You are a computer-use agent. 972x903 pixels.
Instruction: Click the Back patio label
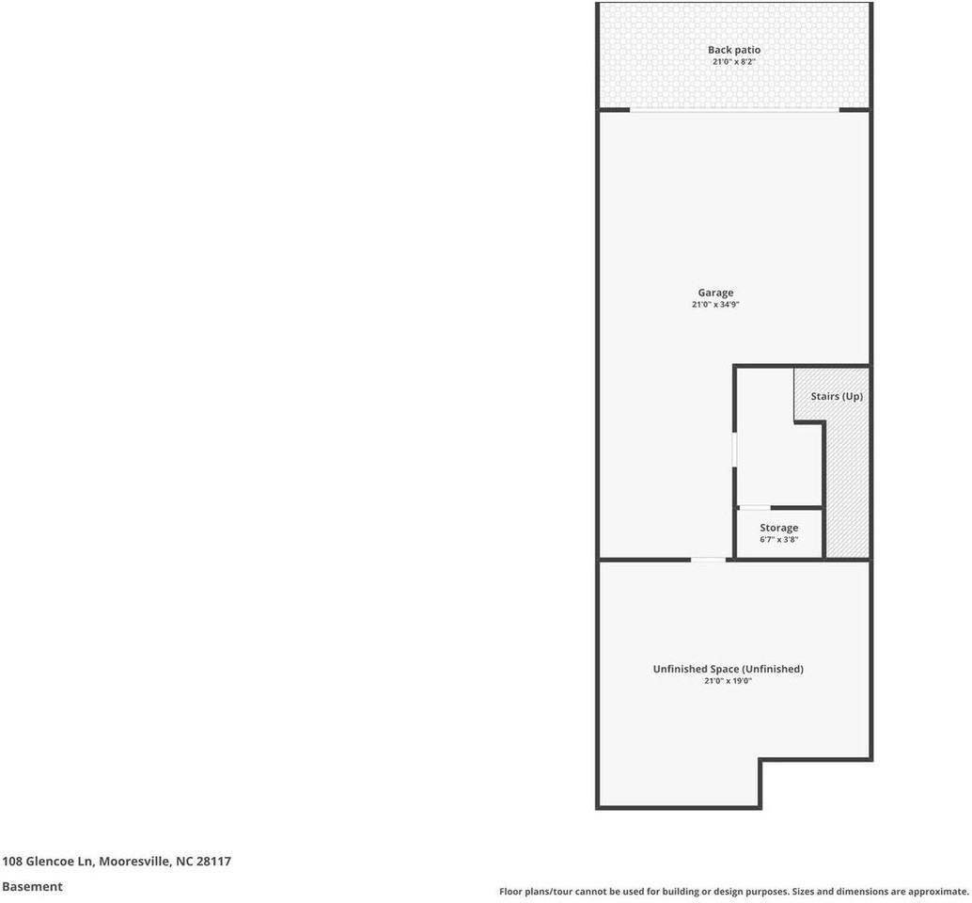point(734,50)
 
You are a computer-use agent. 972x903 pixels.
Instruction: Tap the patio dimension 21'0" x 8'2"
point(734,62)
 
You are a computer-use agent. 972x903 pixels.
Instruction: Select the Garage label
point(715,293)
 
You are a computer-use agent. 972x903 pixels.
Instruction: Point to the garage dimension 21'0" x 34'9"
point(722,305)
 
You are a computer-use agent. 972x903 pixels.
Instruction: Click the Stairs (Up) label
point(837,396)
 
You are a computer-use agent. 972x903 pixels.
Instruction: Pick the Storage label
point(779,528)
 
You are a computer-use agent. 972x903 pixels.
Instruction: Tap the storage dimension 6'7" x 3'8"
point(779,540)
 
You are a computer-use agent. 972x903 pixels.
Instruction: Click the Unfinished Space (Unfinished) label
point(729,669)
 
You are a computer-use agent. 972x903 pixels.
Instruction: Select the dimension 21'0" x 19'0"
point(729,681)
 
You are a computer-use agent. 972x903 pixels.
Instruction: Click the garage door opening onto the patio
point(734,110)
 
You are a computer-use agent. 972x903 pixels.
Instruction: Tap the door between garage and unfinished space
point(709,560)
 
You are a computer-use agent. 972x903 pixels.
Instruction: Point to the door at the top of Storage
point(755,508)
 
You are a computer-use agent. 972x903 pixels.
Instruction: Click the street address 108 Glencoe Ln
point(48,861)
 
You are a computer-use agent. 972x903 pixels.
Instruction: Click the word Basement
point(32,886)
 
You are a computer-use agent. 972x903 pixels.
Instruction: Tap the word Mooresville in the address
point(134,861)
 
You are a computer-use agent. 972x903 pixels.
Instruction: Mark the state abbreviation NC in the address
point(183,861)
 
